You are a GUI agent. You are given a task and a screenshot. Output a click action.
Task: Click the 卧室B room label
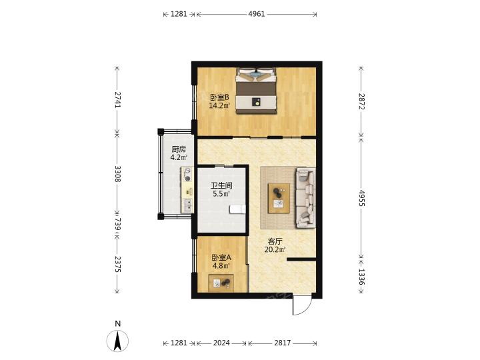tap(219, 97)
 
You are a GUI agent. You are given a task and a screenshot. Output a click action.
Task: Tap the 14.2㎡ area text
tap(219, 106)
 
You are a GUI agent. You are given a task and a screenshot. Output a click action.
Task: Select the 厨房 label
tap(179, 149)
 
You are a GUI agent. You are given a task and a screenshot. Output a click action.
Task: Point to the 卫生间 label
tap(221, 185)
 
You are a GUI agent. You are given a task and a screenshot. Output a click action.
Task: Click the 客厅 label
tap(275, 241)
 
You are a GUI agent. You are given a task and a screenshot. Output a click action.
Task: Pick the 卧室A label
tap(221, 257)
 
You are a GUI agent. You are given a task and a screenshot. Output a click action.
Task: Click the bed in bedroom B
tap(256, 91)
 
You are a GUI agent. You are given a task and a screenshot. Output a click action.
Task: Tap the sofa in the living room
tap(305, 198)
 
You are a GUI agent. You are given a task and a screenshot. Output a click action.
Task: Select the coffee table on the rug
tap(279, 198)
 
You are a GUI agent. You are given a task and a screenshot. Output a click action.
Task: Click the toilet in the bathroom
tap(237, 209)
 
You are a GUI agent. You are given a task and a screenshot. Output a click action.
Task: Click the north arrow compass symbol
tap(117, 341)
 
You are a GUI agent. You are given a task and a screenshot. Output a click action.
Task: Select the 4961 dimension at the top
tap(257, 14)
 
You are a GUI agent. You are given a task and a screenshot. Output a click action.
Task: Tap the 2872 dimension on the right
tap(361, 101)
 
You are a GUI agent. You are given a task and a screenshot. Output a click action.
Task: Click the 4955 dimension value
tap(361, 198)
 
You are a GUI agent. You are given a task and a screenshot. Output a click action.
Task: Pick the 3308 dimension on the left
tap(117, 173)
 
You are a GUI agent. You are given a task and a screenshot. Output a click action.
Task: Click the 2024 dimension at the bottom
tap(221, 343)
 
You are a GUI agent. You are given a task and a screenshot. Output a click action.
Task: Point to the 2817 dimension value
tap(282, 343)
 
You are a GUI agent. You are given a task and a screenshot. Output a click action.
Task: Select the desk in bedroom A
tap(221, 283)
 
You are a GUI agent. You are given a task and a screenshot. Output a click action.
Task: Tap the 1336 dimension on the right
tap(361, 277)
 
